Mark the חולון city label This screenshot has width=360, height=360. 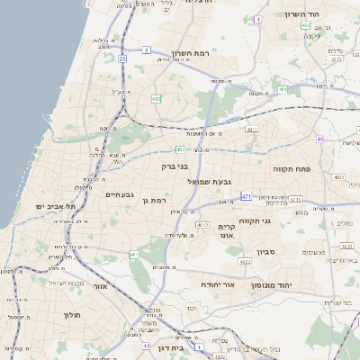71,315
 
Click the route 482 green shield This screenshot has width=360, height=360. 157,98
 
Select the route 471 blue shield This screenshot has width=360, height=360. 247,195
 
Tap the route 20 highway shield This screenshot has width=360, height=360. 121,58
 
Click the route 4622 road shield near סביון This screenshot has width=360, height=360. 245,262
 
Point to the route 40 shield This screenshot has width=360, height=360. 320,139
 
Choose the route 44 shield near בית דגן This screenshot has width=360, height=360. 145,345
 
